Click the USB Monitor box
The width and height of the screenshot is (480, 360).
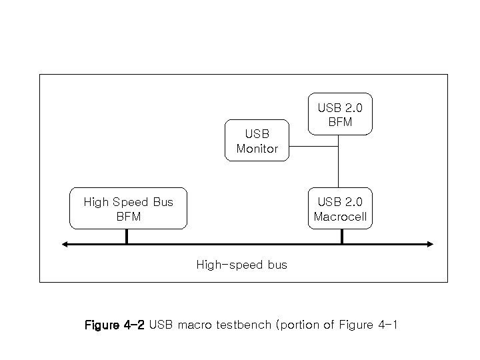pyautogui.click(x=257, y=141)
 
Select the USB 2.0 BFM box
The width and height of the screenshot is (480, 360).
pyautogui.click(x=340, y=114)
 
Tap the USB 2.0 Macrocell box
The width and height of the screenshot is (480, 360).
pyautogui.click(x=340, y=209)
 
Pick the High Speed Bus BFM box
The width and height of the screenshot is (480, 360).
pyautogui.click(x=128, y=209)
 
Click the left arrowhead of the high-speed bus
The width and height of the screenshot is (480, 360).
pyautogui.click(x=65, y=244)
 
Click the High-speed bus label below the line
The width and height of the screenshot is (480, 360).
pyautogui.click(x=241, y=265)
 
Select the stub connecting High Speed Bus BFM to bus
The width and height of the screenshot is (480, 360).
pyautogui.click(x=127, y=236)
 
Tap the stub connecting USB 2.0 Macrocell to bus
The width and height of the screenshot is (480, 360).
pyautogui.click(x=341, y=236)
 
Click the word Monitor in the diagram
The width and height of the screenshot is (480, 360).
pyautogui.click(x=257, y=149)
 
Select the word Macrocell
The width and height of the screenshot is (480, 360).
pyautogui.click(x=340, y=217)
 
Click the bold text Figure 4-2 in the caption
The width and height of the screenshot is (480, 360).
pyautogui.click(x=114, y=325)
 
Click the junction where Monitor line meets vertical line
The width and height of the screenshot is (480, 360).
pyautogui.click(x=339, y=145)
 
